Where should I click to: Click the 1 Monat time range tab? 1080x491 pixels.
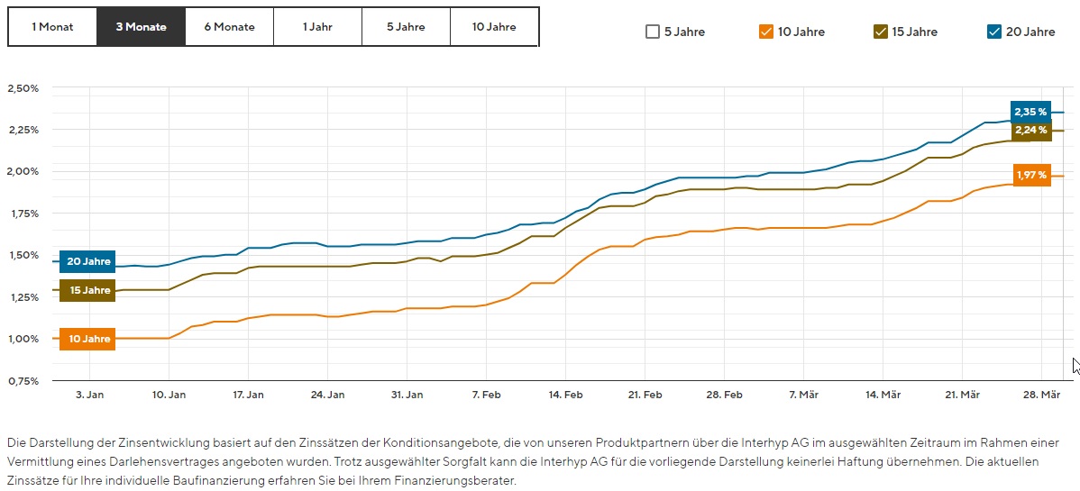[51, 27]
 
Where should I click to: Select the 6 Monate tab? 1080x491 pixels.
[229, 27]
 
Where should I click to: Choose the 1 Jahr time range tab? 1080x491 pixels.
[317, 27]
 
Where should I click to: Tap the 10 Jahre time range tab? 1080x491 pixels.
[494, 27]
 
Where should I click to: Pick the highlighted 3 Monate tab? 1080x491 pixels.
[141, 27]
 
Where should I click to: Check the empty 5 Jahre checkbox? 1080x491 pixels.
[653, 32]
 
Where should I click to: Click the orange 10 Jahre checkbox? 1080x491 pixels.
[766, 32]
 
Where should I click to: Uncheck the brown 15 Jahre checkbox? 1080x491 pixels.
[881, 32]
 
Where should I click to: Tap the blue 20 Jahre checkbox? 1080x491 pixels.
[994, 32]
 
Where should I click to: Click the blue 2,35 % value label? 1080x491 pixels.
[1030, 113]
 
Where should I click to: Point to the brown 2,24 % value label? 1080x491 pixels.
[1030, 131]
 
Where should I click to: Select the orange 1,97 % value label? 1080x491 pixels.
[1030, 175]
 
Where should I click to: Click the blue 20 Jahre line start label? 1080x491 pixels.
[88, 261]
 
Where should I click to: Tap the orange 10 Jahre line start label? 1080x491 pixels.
[88, 340]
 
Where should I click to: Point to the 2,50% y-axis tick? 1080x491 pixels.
[23, 88]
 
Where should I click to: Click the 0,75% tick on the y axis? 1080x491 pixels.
[23, 380]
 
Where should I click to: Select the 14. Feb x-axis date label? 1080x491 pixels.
[565, 396]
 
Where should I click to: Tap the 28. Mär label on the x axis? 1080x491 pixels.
[1041, 396]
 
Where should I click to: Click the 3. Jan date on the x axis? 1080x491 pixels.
[89, 396]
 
